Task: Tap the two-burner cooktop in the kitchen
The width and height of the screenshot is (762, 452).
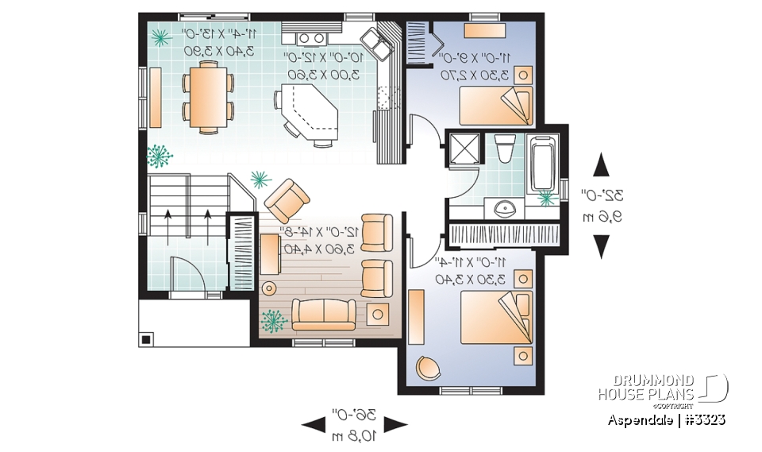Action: tap(310, 37)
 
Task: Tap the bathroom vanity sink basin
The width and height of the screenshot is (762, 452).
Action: tap(504, 210)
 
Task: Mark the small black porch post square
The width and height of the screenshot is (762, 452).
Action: tap(146, 339)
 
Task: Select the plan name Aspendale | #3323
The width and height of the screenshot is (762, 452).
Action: tap(667, 419)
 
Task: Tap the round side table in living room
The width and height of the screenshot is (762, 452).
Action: tap(270, 288)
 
